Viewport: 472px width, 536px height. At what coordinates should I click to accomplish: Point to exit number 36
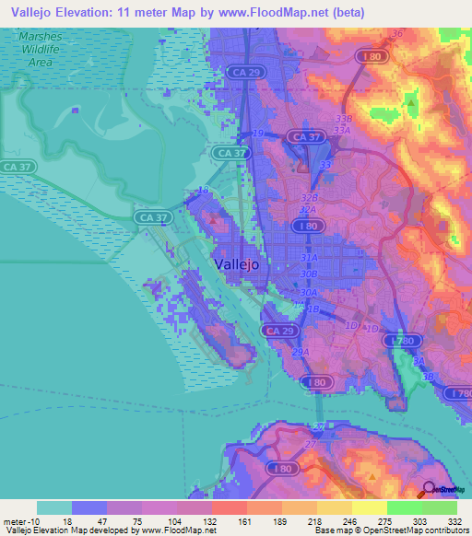click(x=397, y=34)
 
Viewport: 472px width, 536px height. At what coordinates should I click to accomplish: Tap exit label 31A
click(x=309, y=260)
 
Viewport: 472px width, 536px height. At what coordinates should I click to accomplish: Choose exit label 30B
click(x=309, y=274)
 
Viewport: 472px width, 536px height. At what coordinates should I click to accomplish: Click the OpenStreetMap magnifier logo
click(x=427, y=491)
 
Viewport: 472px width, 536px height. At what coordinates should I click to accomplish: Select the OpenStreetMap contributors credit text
click(x=411, y=530)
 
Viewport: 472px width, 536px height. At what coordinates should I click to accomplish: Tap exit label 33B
click(x=344, y=119)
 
